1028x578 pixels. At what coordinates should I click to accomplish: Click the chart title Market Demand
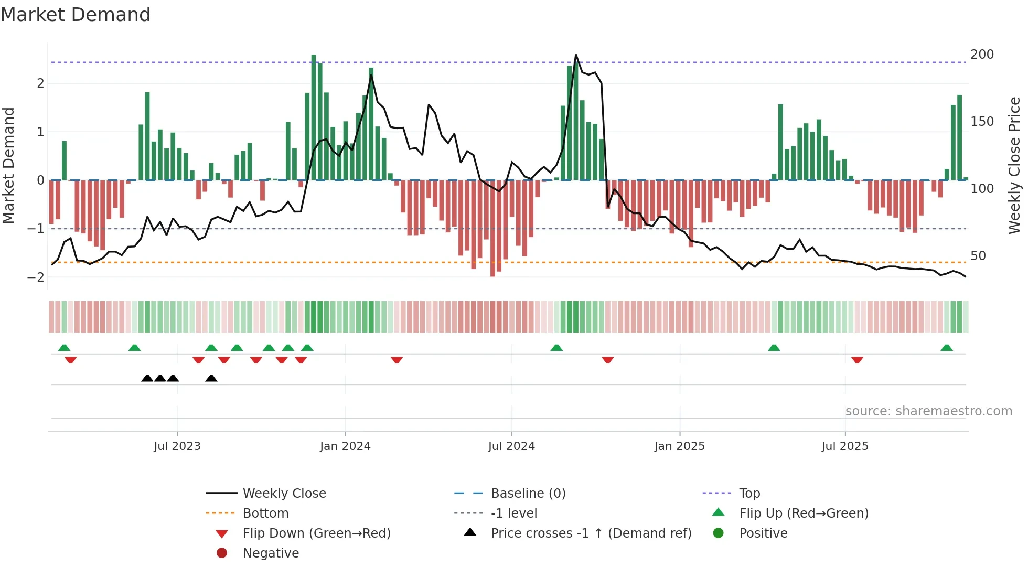tap(76, 15)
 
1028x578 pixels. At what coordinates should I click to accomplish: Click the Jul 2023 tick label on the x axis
tap(177, 446)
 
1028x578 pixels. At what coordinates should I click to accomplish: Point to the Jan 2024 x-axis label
tap(345, 446)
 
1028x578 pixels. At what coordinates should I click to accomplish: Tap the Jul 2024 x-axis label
tap(511, 446)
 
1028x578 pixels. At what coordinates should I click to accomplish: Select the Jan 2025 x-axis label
tap(680, 446)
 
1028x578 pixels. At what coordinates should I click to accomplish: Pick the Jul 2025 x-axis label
tap(845, 446)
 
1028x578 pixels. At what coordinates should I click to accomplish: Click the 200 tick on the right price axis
tap(982, 55)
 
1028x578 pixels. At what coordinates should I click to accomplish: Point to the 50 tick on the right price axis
tap(978, 256)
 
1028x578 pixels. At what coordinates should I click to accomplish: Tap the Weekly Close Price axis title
tap(1014, 165)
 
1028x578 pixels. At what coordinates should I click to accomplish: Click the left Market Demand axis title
tap(8, 165)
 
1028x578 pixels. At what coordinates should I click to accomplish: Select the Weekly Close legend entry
tap(284, 493)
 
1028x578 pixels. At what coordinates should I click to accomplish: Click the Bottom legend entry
tap(265, 513)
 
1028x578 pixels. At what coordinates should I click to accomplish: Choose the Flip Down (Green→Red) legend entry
tap(316, 533)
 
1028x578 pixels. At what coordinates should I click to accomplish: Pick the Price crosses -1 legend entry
tap(591, 533)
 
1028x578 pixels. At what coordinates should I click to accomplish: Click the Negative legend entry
tap(271, 553)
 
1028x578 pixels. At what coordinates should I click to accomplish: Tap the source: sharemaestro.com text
tap(928, 411)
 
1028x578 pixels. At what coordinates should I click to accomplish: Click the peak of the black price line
tap(576, 55)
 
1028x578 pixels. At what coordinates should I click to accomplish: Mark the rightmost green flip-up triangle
tap(947, 348)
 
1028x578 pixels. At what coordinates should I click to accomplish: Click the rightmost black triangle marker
tap(211, 378)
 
